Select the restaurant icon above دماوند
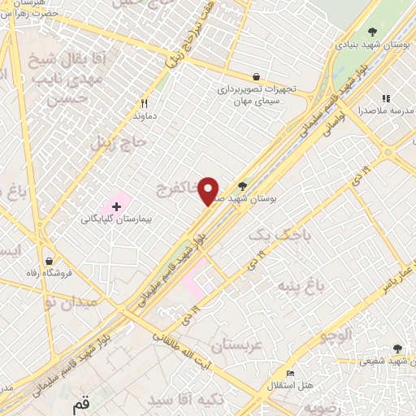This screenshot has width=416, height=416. tap(145, 103)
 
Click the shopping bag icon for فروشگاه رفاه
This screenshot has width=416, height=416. tap(50, 262)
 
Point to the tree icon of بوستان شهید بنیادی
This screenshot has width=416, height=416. tap(372, 32)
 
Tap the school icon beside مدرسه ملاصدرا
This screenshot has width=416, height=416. tap(386, 99)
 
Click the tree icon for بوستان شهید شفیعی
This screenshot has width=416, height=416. tap(396, 348)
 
